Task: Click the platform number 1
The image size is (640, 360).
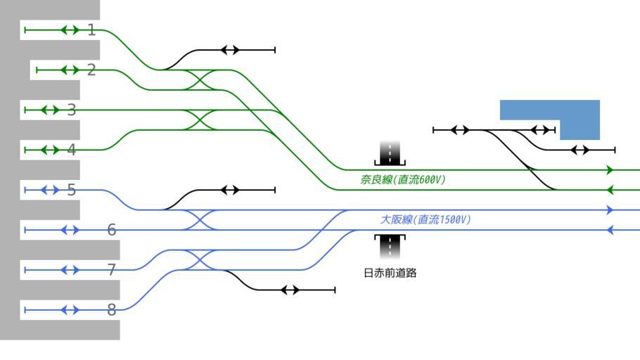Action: click(91, 30)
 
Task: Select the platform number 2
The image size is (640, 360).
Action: click(91, 70)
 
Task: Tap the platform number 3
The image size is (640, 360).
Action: click(72, 110)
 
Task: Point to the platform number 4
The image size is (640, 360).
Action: click(72, 150)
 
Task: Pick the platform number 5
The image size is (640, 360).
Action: click(72, 190)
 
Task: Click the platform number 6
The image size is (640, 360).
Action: click(112, 230)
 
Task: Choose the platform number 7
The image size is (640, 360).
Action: click(112, 270)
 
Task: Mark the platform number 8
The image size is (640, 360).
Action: click(112, 310)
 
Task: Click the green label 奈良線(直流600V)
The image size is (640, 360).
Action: click(403, 180)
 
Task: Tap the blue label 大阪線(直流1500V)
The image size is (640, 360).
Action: click(425, 220)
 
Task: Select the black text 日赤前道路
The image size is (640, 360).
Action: click(390, 273)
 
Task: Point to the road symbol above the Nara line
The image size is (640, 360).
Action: click(390, 153)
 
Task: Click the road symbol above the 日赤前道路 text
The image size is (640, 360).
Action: click(390, 246)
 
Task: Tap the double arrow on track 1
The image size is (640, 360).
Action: click(70, 30)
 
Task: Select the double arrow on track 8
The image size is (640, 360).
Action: click(70, 310)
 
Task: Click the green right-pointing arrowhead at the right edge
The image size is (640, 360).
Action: click(610, 170)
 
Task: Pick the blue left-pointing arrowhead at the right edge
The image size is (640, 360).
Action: click(610, 230)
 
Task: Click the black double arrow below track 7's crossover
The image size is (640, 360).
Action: click(290, 290)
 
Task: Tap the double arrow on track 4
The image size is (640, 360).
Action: click(50, 150)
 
